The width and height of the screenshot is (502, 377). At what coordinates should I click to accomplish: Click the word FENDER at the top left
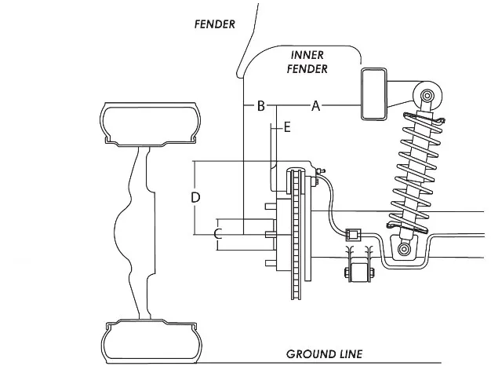(214, 24)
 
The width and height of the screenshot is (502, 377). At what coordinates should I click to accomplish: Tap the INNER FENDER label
(307, 62)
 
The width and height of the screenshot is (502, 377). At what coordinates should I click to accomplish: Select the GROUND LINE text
(324, 354)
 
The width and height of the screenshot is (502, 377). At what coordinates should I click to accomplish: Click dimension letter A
(315, 105)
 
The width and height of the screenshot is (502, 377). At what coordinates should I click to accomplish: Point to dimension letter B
(261, 105)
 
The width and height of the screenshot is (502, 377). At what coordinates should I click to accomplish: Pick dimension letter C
(218, 234)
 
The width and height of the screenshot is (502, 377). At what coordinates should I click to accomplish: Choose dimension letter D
(195, 197)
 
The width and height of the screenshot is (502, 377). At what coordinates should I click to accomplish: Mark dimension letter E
(287, 127)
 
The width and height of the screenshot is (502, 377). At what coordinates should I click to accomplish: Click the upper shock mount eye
(427, 96)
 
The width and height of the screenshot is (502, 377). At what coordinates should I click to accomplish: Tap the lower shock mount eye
(404, 249)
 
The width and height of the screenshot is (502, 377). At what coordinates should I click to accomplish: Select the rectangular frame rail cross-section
(373, 94)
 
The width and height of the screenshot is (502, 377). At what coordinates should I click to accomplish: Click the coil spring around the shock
(417, 172)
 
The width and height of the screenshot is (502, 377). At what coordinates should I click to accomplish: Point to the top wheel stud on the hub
(271, 206)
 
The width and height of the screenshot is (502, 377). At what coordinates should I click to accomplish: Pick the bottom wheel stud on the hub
(271, 263)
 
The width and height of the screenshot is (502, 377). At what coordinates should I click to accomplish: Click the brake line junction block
(353, 235)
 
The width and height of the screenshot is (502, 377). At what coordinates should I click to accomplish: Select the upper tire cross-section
(151, 125)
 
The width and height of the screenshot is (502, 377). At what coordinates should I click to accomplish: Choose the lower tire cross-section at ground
(151, 342)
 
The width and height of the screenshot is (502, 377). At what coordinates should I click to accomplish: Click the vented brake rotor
(296, 233)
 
